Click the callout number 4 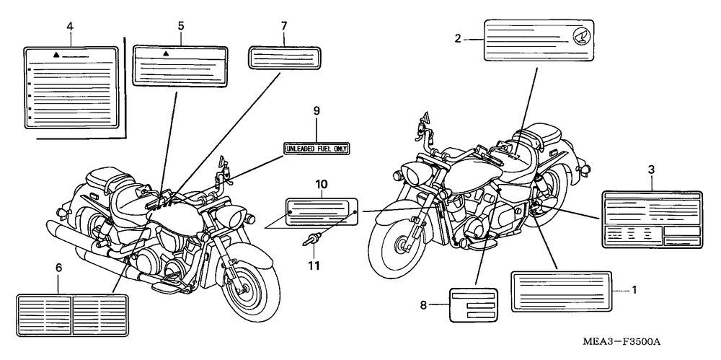click(x=70, y=27)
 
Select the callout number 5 click(x=181, y=26)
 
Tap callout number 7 click(x=283, y=26)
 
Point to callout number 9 click(x=317, y=111)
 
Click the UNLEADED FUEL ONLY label click(x=317, y=149)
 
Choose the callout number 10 click(x=322, y=185)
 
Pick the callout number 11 click(x=314, y=265)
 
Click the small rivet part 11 click(x=312, y=240)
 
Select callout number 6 click(x=58, y=268)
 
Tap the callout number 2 click(x=458, y=39)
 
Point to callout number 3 click(x=651, y=170)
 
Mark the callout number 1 click(x=634, y=290)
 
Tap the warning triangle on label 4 click(x=56, y=55)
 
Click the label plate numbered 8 click(x=474, y=305)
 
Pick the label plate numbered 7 click(x=284, y=58)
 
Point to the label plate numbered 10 click(x=322, y=211)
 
